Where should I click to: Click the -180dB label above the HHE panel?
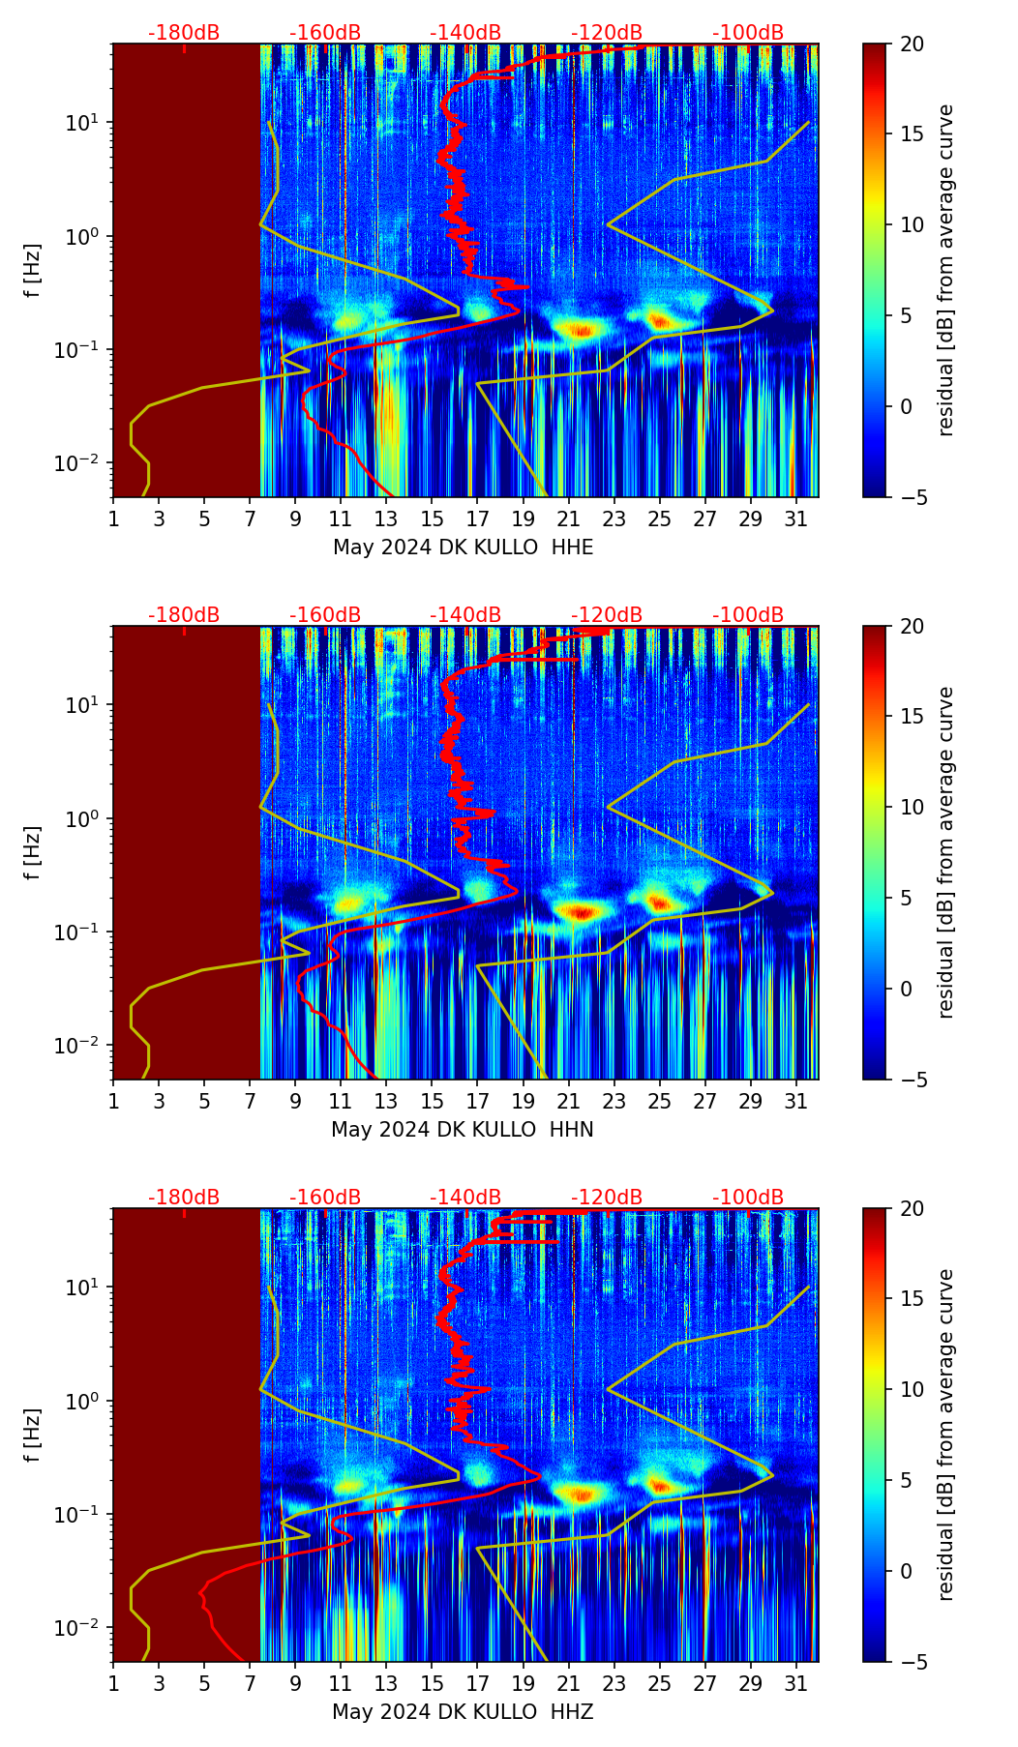[184, 33]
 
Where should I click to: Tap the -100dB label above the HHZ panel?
[748, 1198]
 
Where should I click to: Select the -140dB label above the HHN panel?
[465, 615]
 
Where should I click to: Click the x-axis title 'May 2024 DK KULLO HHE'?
[463, 548]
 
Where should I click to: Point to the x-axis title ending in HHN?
[463, 1130]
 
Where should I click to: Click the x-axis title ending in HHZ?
[463, 1712]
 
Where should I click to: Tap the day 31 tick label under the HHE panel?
[796, 519]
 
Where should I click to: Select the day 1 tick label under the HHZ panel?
[113, 1684]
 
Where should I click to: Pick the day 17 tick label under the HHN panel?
[478, 1102]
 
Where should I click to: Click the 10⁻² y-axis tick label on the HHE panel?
[81, 464]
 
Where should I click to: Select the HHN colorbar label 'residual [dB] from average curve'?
[946, 852]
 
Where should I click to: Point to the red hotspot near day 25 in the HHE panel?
[660, 320]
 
